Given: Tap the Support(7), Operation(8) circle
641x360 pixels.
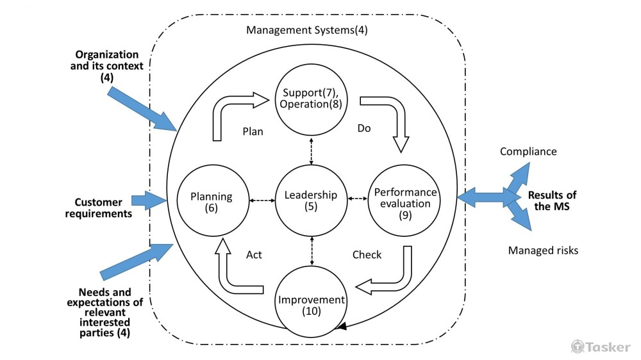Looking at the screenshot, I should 311,99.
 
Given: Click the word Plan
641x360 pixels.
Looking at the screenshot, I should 254,131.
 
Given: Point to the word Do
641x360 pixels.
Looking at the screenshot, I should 363,128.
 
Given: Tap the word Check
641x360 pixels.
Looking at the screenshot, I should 367,255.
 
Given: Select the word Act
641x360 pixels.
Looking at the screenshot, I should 254,255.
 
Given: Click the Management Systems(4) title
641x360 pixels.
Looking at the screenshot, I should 307,29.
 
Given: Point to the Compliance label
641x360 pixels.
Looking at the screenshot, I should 528,152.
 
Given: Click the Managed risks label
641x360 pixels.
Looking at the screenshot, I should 543,250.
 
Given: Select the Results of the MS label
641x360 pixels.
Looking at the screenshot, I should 552,200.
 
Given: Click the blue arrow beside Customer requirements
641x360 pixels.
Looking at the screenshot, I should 148,200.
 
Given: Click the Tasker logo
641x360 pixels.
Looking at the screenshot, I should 601,347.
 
